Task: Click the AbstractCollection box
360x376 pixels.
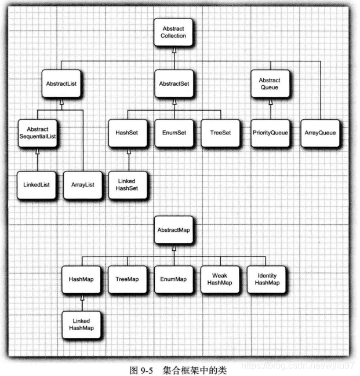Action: pos(173,32)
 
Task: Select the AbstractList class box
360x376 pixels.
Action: pos(61,84)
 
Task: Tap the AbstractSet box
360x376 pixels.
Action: pos(173,84)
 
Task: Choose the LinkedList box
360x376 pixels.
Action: pos(37,184)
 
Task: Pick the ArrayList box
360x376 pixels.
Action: pos(82,184)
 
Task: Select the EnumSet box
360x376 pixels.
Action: pos(172,133)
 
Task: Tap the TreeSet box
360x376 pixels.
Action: pos(220,133)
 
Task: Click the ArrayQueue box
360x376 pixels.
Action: pos(319,133)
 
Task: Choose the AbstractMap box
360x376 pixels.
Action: pos(173,230)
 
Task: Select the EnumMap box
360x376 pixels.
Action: pos(173,279)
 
